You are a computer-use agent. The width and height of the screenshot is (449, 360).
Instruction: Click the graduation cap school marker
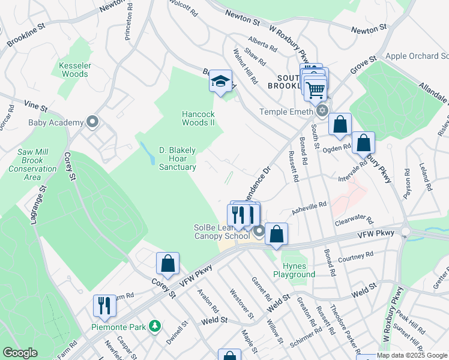click(x=220, y=81)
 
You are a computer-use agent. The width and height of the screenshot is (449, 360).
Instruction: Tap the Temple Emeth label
click(x=286, y=112)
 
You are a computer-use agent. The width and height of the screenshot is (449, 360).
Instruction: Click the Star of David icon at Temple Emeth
click(x=322, y=110)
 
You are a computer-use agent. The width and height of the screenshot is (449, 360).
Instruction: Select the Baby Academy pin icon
click(x=92, y=122)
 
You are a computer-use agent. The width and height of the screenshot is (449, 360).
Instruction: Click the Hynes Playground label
click(x=294, y=270)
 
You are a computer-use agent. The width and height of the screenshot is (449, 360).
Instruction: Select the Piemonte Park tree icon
click(x=155, y=326)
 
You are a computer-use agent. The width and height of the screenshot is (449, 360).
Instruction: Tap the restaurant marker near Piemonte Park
click(x=104, y=306)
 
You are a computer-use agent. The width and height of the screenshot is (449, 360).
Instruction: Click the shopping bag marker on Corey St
click(x=167, y=263)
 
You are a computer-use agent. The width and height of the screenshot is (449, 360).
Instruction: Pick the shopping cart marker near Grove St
click(x=315, y=90)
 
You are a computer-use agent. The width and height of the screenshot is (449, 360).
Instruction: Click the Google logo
click(x=20, y=353)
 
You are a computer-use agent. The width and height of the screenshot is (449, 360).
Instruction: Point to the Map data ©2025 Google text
click(x=412, y=355)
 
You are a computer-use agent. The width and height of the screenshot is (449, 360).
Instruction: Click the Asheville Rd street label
click(x=309, y=206)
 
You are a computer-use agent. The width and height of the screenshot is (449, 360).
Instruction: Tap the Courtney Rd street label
click(x=356, y=258)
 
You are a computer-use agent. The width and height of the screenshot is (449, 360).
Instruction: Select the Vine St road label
click(x=35, y=107)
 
